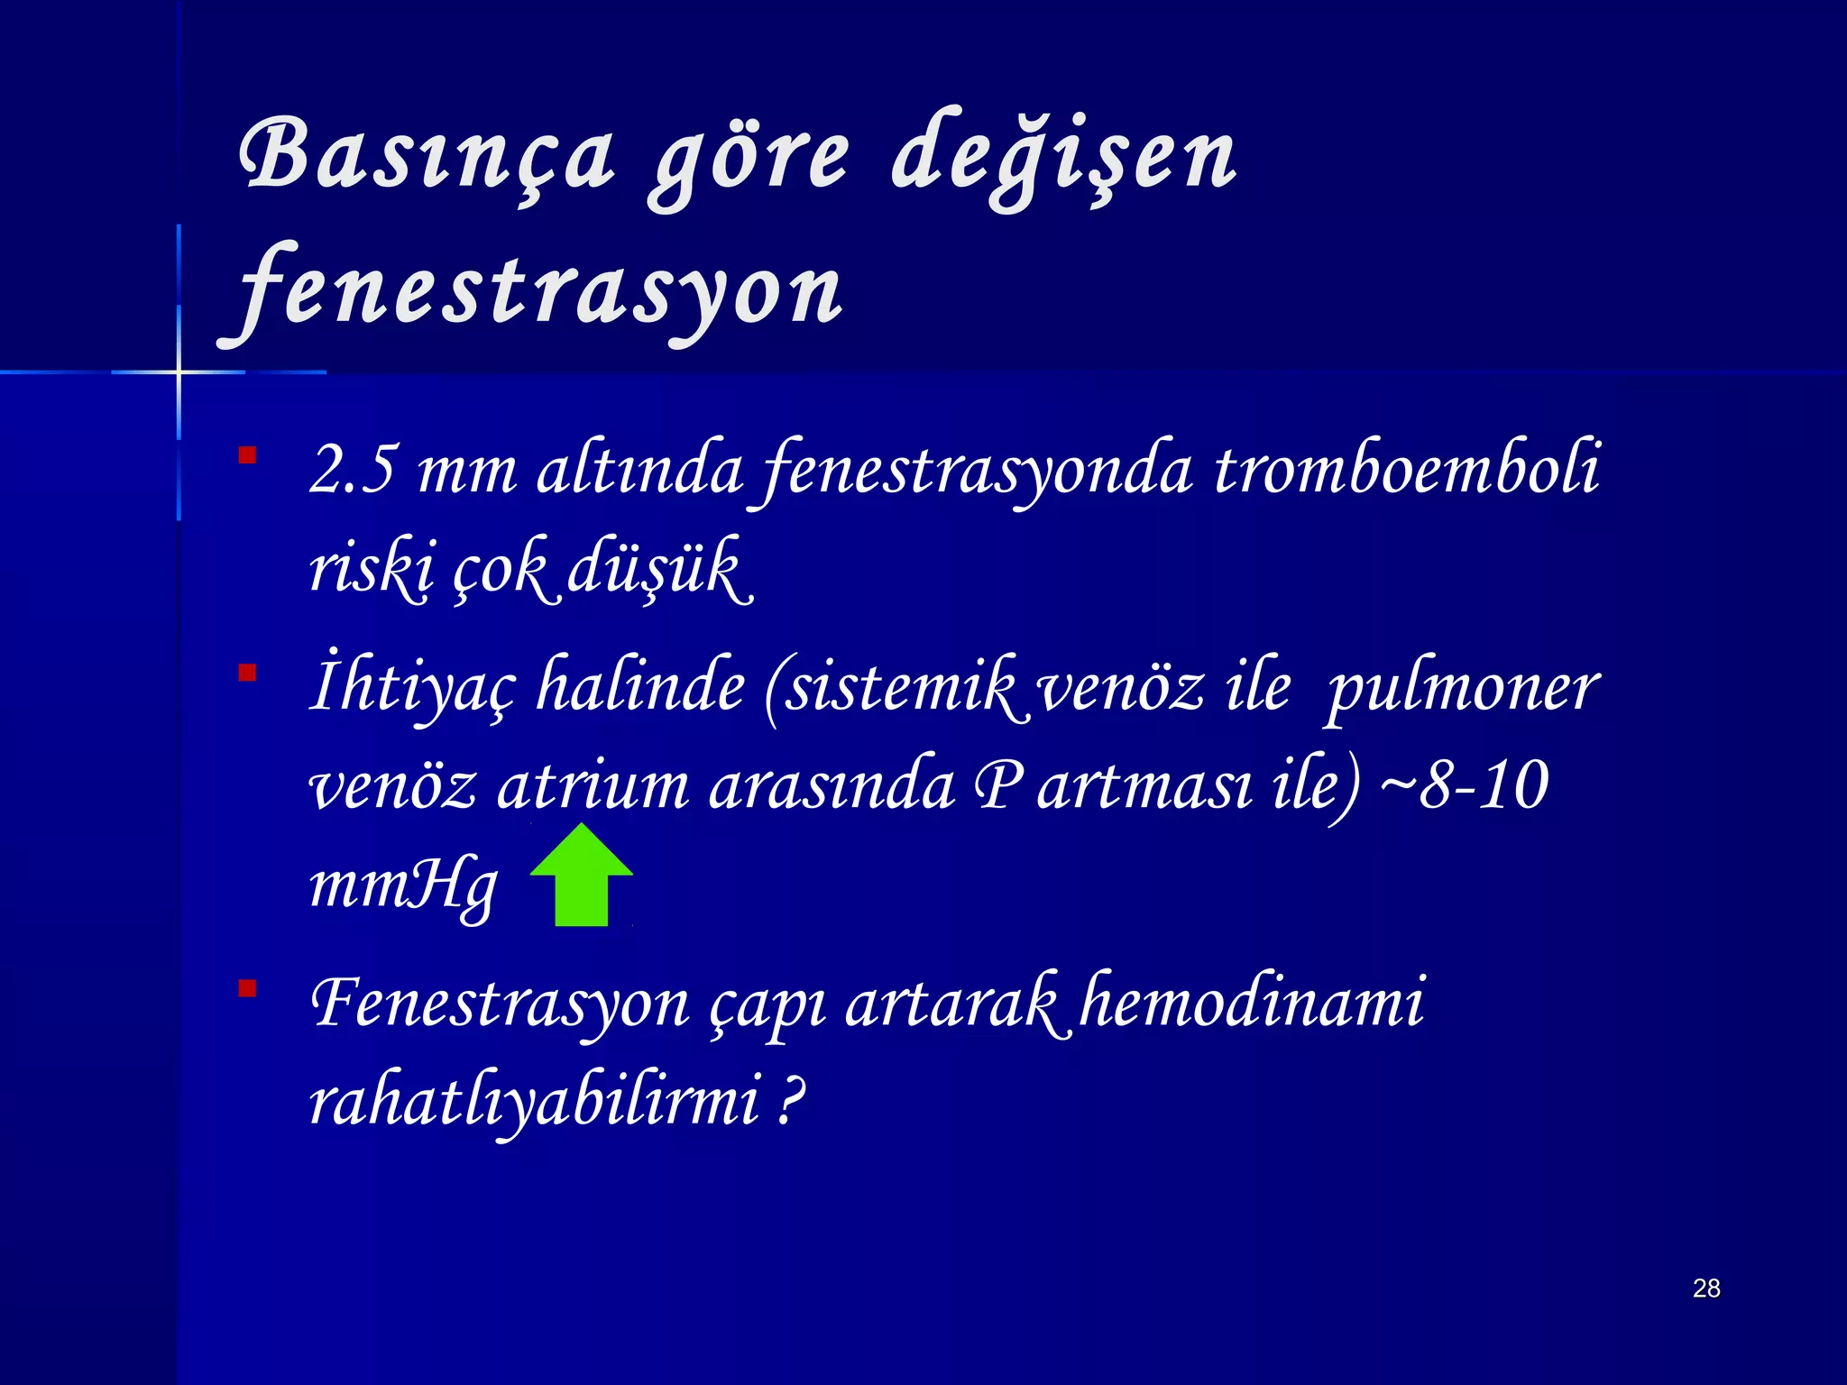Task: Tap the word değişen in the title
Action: pyautogui.click(x=1064, y=158)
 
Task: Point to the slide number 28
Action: pyautogui.click(x=1706, y=1288)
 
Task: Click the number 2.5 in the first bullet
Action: pyautogui.click(x=352, y=469)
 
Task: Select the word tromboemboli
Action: pyautogui.click(x=1407, y=469)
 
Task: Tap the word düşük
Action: pyautogui.click(x=658, y=568)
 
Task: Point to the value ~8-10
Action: pyautogui.click(x=1466, y=784)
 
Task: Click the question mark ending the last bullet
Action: pyautogui.click(x=790, y=1100)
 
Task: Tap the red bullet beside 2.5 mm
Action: pyautogui.click(x=247, y=455)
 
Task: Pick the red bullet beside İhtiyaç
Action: pyautogui.click(x=247, y=673)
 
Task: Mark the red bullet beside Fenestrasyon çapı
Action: pyautogui.click(x=247, y=989)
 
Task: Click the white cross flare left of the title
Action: pyautogui.click(x=179, y=371)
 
